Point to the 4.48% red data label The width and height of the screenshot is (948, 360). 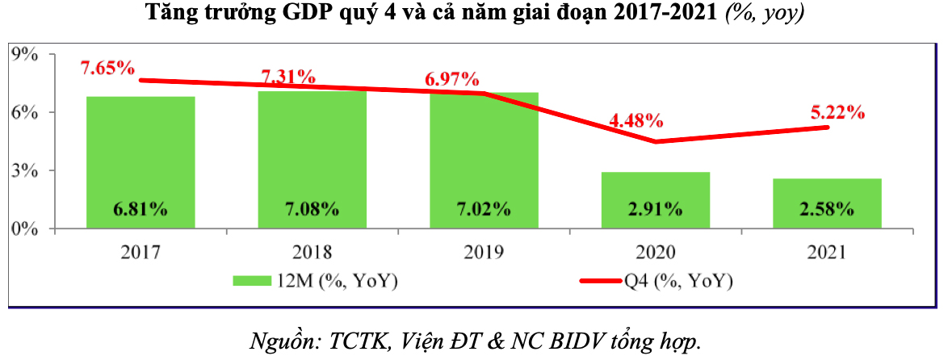636,121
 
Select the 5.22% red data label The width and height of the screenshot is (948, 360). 838,113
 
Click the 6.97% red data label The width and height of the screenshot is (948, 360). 452,80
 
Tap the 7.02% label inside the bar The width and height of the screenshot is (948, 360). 484,209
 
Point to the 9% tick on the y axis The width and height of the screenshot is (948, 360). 24,54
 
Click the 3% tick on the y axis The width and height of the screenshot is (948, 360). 24,170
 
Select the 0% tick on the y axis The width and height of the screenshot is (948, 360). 24,228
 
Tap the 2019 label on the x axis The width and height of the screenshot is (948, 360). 484,253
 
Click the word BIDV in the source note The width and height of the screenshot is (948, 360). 582,341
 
